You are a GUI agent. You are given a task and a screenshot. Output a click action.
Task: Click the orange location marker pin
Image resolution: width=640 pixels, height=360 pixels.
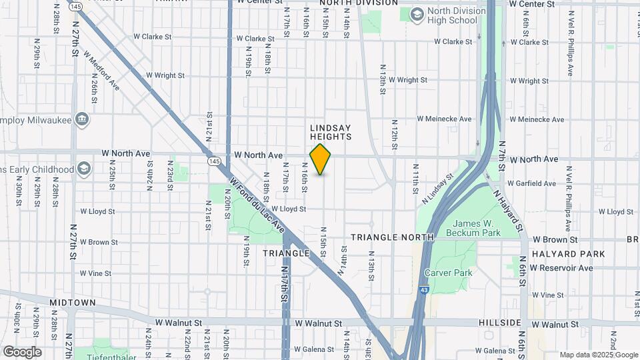320,159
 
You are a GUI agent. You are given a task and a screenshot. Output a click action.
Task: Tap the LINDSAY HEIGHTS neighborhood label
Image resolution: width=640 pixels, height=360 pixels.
331,131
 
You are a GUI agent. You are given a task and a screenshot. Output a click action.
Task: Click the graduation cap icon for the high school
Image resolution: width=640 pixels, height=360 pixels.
417,15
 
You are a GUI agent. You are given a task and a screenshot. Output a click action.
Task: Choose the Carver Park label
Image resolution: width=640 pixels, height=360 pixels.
448,273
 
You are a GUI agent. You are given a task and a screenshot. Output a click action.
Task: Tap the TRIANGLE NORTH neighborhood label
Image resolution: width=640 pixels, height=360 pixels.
392,237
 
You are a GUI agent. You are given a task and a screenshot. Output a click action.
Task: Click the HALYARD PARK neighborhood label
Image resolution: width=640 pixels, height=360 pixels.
568,254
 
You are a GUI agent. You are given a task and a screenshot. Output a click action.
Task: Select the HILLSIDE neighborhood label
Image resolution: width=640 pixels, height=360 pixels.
499,323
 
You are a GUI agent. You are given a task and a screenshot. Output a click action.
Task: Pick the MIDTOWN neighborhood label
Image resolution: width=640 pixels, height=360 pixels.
73,303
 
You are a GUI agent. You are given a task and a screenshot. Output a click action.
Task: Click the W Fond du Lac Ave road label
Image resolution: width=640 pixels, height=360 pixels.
257,205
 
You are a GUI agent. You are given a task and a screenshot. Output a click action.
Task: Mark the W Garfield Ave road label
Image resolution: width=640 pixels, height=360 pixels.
531,183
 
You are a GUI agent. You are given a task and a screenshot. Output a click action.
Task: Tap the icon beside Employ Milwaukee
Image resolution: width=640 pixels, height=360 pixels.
83,119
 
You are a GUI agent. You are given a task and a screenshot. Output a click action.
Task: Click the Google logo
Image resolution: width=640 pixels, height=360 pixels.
21,351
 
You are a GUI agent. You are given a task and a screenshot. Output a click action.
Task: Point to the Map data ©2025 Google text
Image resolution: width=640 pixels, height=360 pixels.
598,355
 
